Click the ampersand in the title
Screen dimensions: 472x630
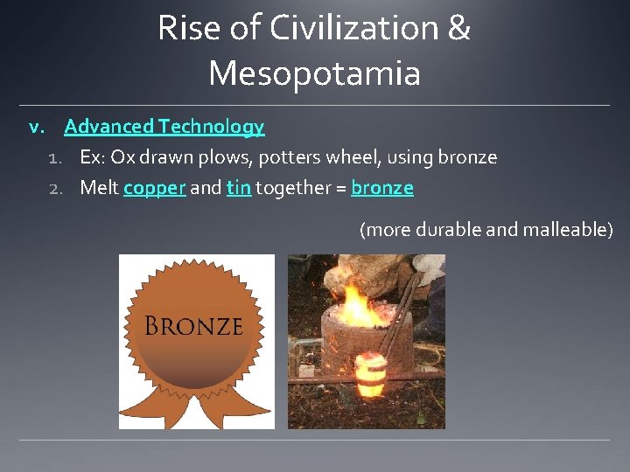[x=458, y=29]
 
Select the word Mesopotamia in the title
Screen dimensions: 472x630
[x=314, y=73]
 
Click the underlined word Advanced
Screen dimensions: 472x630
[x=108, y=127]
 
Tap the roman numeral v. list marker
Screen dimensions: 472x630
[x=37, y=128]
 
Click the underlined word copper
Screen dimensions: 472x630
[x=154, y=188]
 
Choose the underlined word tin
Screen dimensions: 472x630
[x=238, y=188]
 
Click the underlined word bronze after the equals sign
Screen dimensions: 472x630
[x=382, y=188]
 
